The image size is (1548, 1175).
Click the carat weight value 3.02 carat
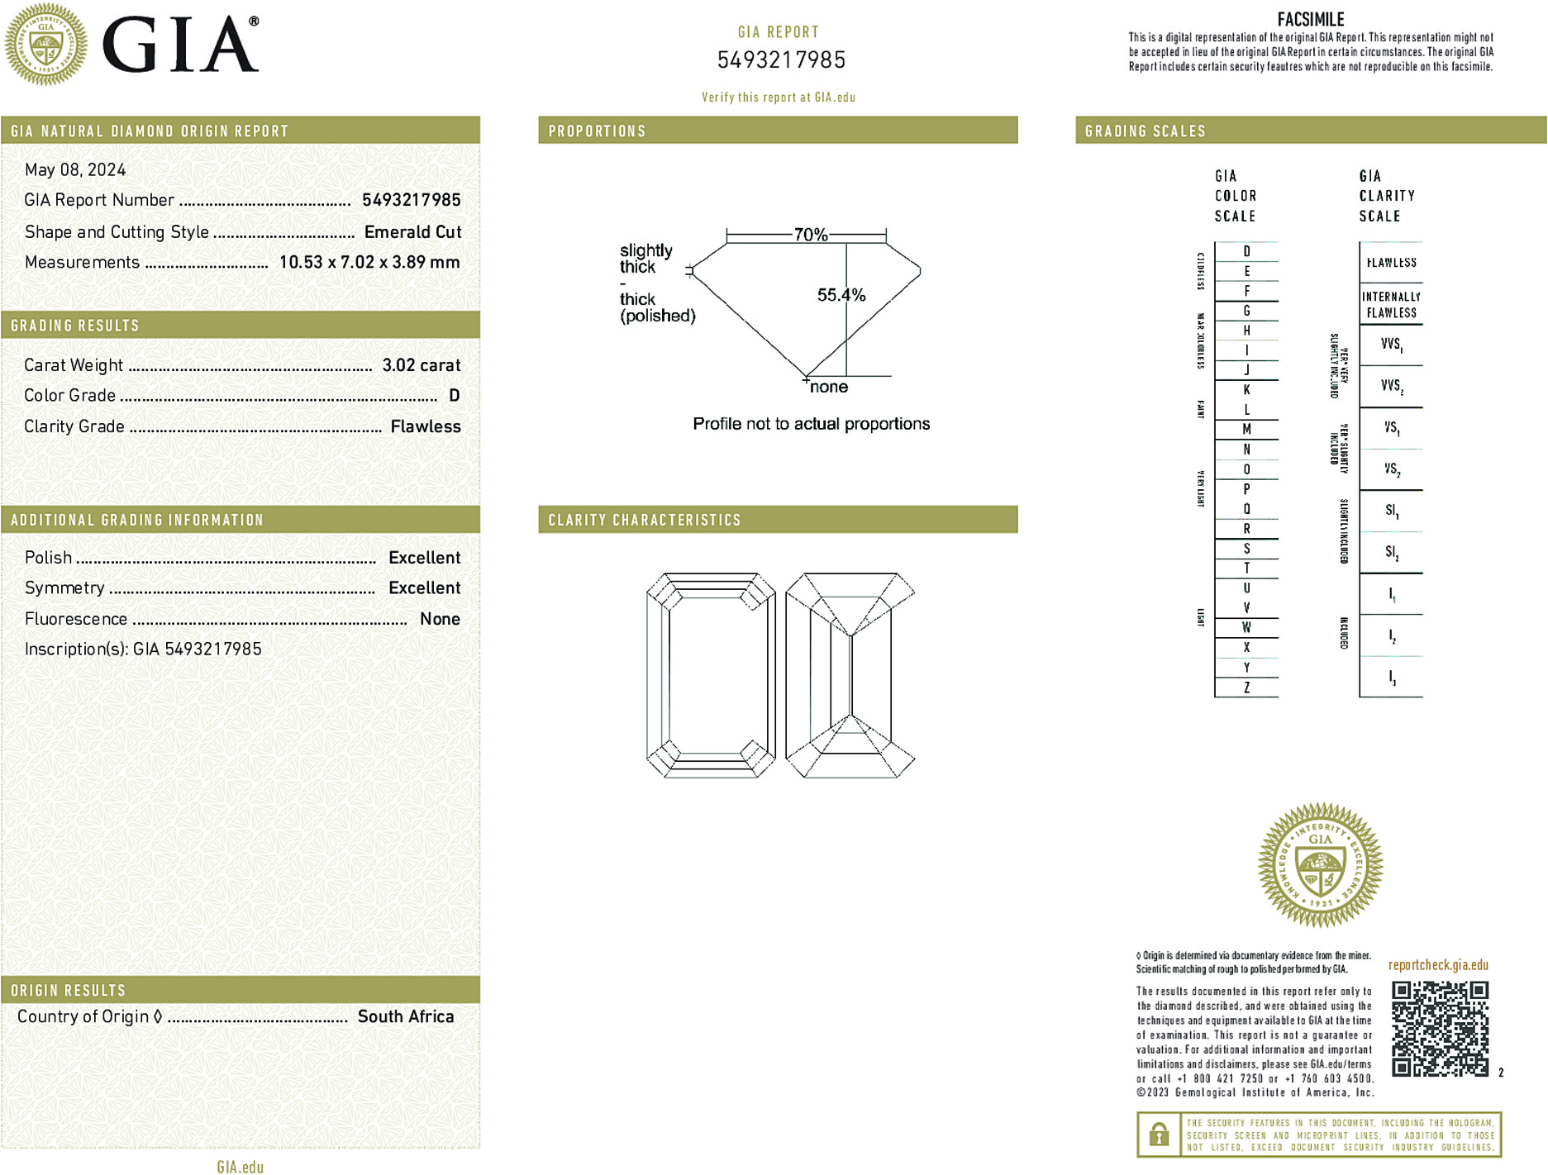421,365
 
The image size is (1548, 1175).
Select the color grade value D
454,396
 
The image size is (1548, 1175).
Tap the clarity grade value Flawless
426,426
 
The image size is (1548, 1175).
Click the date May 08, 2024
75,169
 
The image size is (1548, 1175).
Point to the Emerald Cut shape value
412,232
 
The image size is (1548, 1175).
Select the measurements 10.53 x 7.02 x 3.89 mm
369,262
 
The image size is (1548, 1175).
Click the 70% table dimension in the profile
810,235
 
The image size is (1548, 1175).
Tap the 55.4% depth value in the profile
841,295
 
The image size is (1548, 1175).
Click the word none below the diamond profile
828,387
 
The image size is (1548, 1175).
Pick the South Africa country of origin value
405,1016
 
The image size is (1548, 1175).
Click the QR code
1439,1029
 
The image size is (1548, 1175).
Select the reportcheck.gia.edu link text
1437,965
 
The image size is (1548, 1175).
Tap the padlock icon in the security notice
1159,1135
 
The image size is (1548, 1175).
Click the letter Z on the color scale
1246,687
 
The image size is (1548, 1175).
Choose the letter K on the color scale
1246,390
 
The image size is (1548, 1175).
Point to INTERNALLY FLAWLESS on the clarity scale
1391,305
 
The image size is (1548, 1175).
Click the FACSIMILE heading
1310,19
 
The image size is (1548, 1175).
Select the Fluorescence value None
440,619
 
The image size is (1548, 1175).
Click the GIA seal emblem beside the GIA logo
46,45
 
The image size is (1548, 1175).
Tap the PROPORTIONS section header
597,131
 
